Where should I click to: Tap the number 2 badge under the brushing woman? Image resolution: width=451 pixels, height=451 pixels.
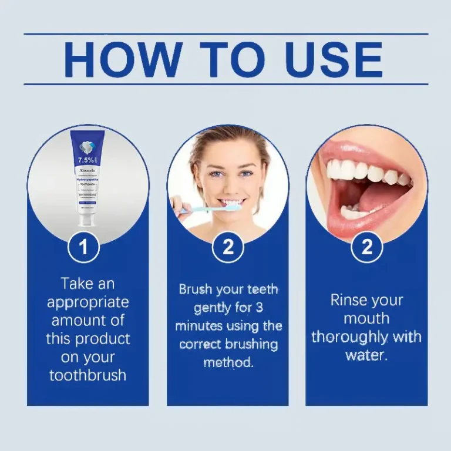(228, 247)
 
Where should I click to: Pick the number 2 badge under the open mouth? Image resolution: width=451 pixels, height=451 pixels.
(367, 247)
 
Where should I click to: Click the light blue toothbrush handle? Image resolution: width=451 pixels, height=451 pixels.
(200, 208)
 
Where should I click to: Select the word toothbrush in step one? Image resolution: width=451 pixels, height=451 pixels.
(87, 375)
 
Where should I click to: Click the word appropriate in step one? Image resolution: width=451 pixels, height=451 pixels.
(87, 302)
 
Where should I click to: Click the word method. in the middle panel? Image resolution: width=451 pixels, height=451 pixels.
(228, 362)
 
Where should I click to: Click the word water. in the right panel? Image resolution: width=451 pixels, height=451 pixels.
(366, 355)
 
